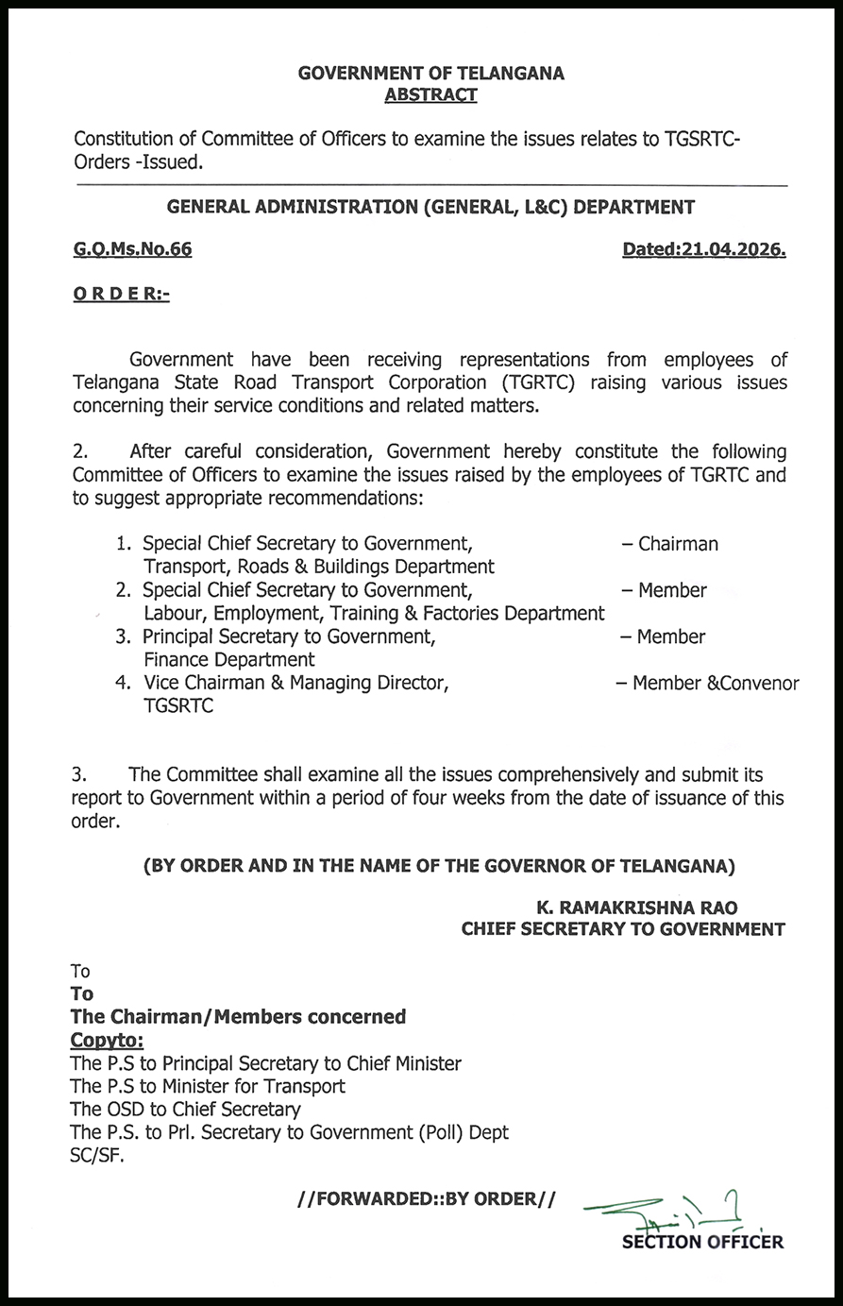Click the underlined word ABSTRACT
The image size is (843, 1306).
point(430,94)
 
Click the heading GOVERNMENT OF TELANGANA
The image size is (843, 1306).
point(430,73)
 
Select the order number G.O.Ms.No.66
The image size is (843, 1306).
point(132,249)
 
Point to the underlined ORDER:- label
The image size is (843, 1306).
point(121,295)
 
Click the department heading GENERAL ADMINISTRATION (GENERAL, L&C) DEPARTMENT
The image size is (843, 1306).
point(430,207)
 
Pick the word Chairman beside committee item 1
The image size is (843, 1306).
point(678,544)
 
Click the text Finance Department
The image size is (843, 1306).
point(229,659)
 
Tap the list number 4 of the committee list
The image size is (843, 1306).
point(122,683)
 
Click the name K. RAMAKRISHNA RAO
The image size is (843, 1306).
point(637,907)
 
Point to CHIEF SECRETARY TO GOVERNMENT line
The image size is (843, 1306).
point(623,929)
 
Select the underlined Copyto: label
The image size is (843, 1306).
point(108,1041)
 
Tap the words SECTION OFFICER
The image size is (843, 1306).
point(702,1242)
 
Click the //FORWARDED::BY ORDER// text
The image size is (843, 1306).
point(426,1198)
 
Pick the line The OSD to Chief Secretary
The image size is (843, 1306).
point(186,1110)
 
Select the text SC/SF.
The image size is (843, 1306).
point(97,1155)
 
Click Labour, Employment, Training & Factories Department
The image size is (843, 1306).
point(374,614)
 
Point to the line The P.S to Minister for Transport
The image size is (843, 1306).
point(208,1086)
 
